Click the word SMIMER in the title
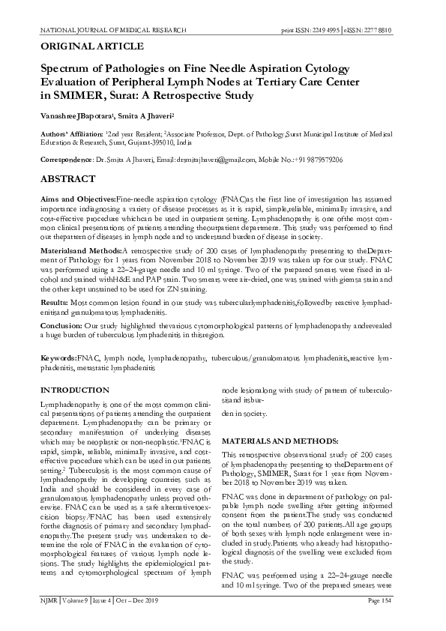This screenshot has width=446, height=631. point(72,97)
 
